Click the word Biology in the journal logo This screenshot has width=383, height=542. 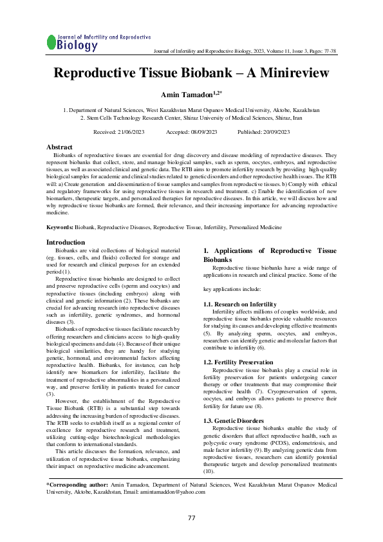pyautogui.click(x=77, y=46)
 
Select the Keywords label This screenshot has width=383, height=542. pyautogui.click(x=61, y=228)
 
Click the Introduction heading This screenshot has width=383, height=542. pyautogui.click(x=66, y=243)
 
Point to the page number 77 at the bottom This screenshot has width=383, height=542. pyautogui.click(x=191, y=518)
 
